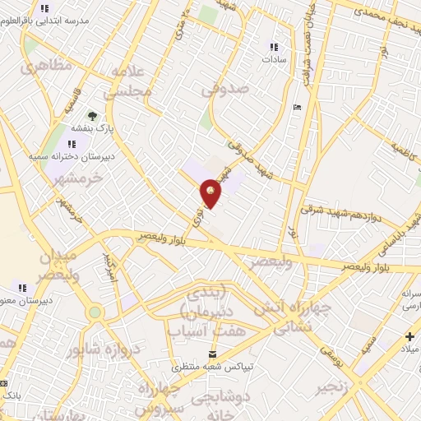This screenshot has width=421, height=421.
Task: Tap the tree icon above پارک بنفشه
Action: [x=92, y=115]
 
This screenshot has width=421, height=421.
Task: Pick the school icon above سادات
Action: [x=274, y=47]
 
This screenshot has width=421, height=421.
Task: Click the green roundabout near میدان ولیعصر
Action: [x=95, y=312]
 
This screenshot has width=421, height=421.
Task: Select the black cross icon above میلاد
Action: [x=409, y=336]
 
